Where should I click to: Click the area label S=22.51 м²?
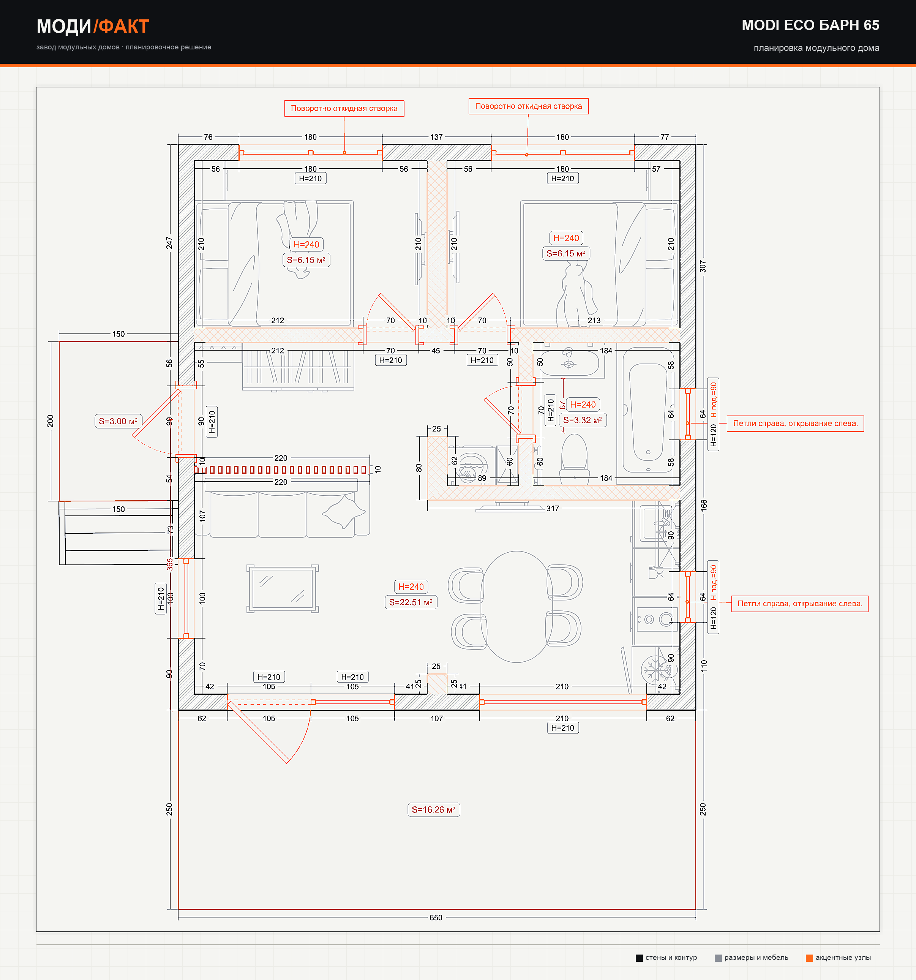pos(411,602)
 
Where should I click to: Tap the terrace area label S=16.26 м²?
pos(434,809)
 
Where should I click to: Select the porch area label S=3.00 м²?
pos(118,421)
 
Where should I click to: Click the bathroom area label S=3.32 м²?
pos(583,420)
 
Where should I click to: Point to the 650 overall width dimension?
pos(436,917)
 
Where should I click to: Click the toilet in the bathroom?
pos(575,459)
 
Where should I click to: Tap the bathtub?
pos(648,410)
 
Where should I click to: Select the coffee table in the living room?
pos(282,589)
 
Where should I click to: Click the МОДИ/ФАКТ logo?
pos(93,26)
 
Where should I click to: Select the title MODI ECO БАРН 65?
pos(810,25)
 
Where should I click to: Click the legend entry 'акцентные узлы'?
pos(838,958)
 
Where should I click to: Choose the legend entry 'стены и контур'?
pos(666,958)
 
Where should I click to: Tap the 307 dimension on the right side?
pos(703,266)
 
